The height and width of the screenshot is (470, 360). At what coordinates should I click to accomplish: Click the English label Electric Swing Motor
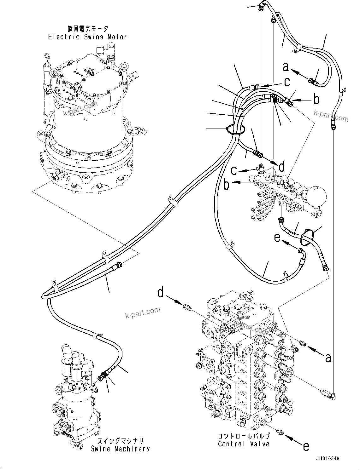87,37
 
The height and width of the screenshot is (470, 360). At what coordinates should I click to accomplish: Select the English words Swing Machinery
120,449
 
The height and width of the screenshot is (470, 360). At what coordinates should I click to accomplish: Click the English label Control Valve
244,444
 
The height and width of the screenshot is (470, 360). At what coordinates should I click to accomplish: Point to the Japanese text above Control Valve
244,436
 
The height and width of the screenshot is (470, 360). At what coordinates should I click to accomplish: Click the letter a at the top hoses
286,67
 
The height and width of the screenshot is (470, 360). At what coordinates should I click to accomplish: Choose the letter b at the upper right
316,100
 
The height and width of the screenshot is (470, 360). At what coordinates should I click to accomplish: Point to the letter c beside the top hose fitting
287,82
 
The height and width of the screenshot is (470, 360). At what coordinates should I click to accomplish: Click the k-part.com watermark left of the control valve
143,313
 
